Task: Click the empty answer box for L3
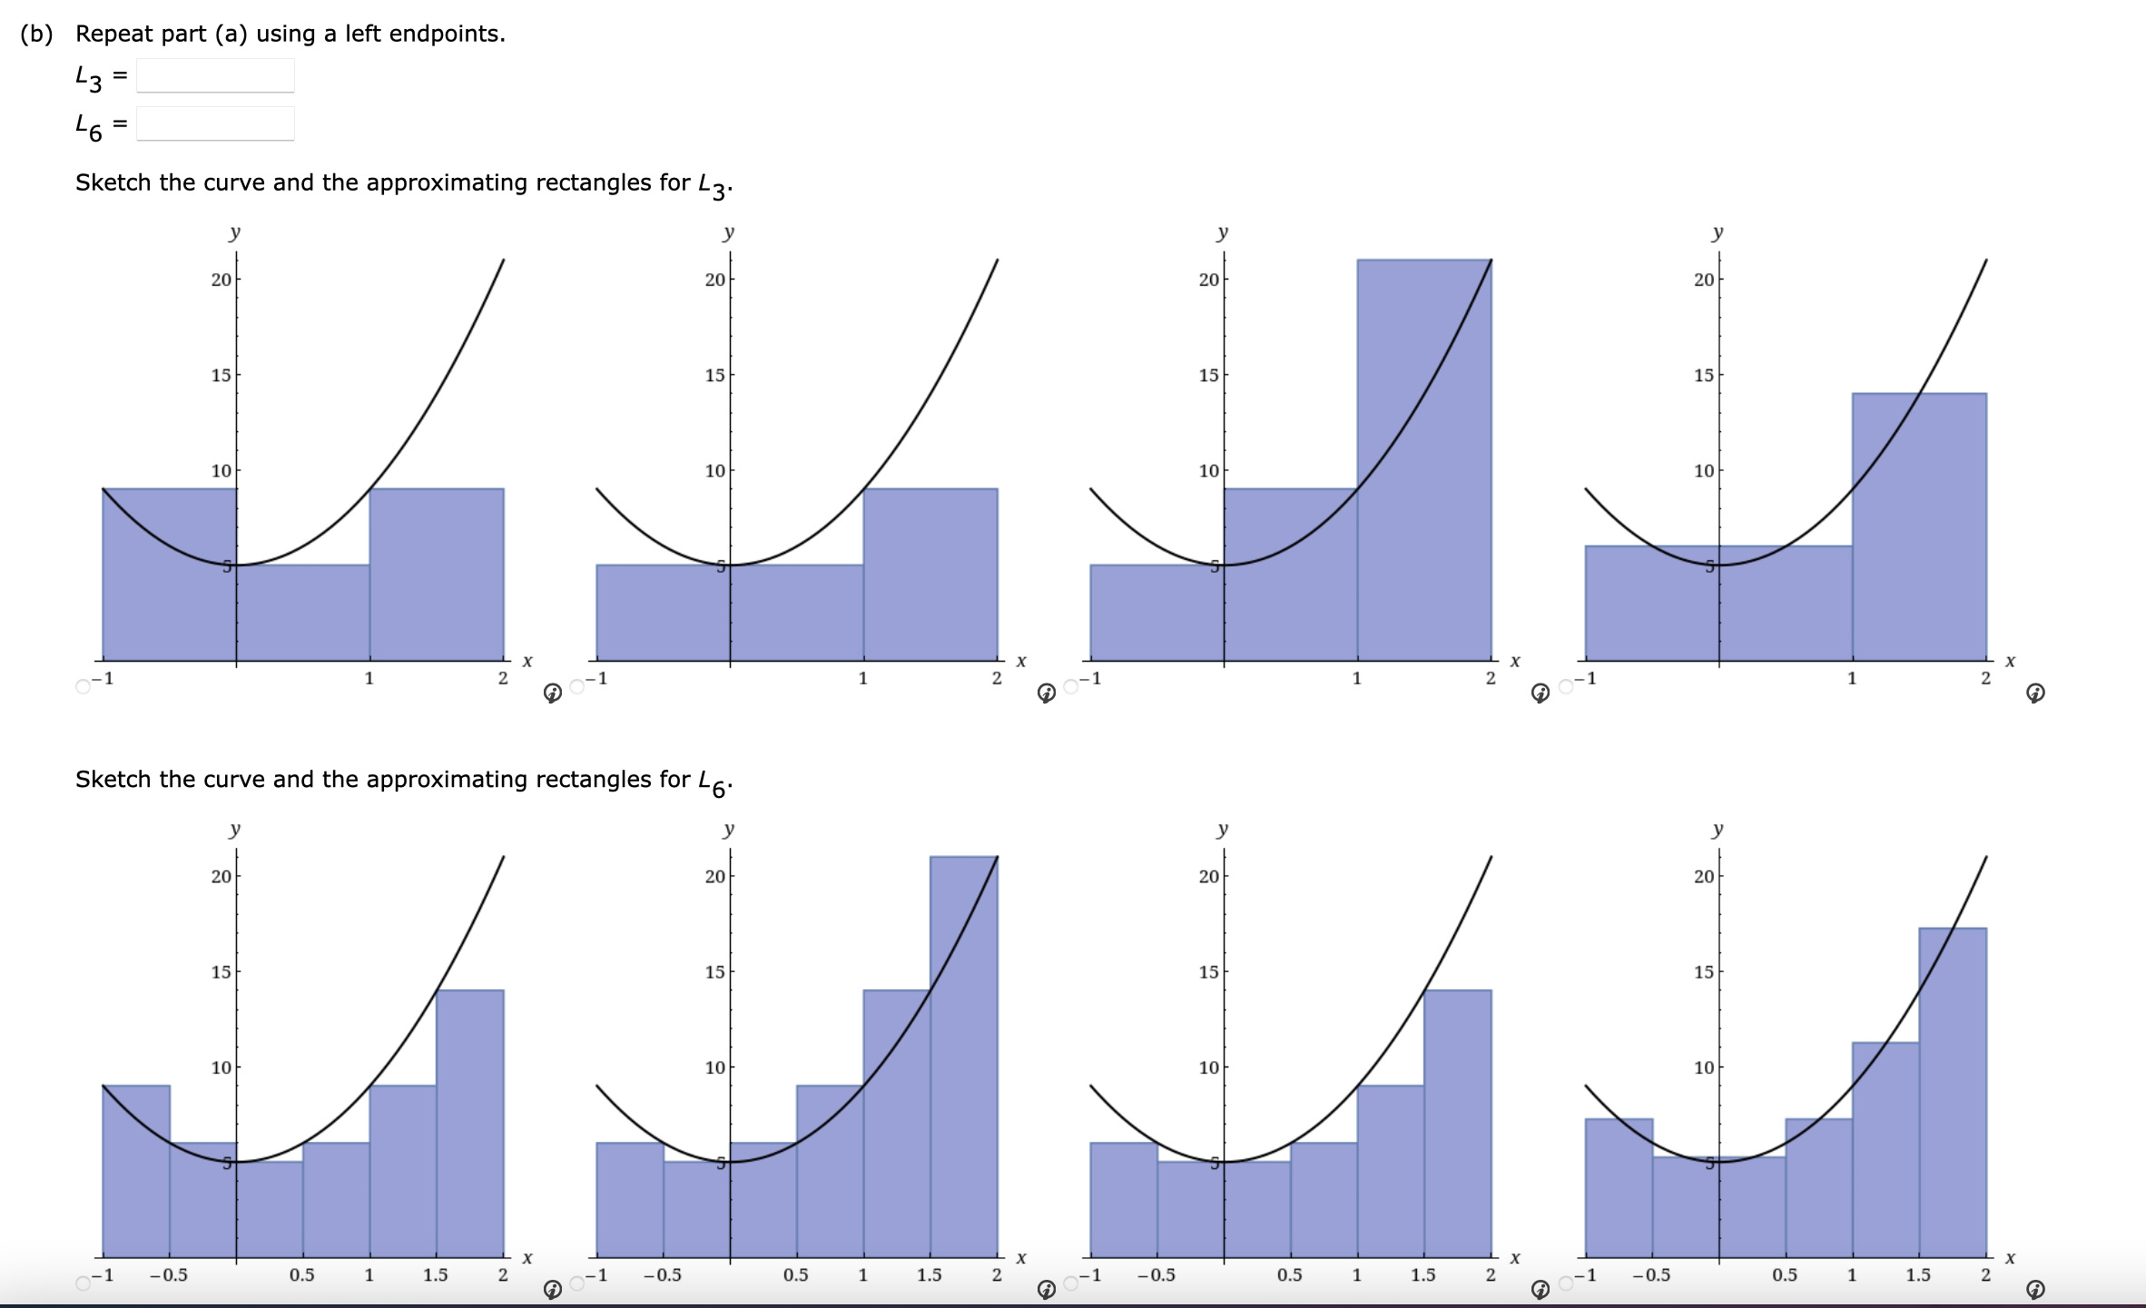point(215,76)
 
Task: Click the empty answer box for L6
point(215,124)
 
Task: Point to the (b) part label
point(36,34)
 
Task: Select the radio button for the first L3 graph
point(84,686)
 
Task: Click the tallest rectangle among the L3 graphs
point(1423,454)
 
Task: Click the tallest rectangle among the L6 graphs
point(963,1053)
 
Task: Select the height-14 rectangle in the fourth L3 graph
point(1918,526)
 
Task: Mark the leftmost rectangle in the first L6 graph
point(136,1171)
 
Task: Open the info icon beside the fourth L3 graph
point(2035,693)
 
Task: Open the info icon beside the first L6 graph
point(552,1290)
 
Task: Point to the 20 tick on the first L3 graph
point(221,280)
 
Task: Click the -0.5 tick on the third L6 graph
point(1156,1275)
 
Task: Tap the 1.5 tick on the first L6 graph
point(435,1275)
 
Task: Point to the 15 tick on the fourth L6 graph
point(1703,972)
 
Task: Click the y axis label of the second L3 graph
point(728,233)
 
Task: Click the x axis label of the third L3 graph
point(1514,661)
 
